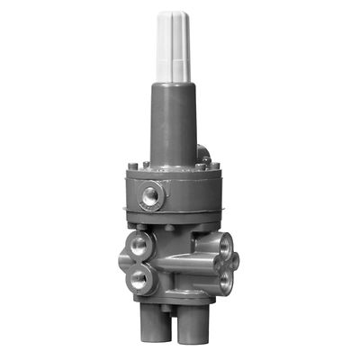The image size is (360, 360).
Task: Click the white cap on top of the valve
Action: coord(175,45)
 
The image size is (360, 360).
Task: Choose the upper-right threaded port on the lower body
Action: coord(222,243)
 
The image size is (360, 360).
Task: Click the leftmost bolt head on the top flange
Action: coord(132,166)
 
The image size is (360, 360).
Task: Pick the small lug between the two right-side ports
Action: coord(236,260)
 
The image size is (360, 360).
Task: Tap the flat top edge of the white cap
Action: coord(175,13)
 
